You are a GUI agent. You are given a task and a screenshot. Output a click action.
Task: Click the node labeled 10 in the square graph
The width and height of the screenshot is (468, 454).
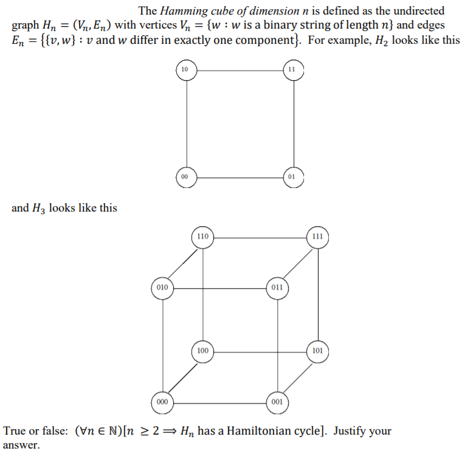185,70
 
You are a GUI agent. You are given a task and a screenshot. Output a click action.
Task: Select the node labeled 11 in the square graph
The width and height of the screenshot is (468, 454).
292,70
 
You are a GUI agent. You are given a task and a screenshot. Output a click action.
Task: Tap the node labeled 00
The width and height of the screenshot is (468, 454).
185,176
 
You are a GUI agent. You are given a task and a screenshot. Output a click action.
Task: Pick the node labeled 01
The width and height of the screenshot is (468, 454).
292,177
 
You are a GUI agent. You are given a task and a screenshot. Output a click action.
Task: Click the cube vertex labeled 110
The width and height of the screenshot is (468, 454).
202,236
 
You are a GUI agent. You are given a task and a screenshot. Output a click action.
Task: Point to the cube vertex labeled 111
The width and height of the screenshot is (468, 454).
318,236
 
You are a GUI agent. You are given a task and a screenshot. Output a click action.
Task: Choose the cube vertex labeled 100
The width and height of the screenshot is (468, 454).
202,351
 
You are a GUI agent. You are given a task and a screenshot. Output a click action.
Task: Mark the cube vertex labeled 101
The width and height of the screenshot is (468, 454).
318,351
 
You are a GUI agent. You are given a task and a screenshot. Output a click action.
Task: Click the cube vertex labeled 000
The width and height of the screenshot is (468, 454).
162,402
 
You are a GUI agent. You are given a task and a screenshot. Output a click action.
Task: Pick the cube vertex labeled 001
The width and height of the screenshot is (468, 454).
277,402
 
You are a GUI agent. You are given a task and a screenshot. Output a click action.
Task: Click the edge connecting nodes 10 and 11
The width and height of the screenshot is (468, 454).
238,70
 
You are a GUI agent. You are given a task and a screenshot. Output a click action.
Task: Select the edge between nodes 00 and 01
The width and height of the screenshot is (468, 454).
238,177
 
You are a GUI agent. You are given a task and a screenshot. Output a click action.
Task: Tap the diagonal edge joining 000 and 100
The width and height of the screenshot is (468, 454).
182,376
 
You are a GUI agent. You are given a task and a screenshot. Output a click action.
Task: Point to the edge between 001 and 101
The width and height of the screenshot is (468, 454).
298,376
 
